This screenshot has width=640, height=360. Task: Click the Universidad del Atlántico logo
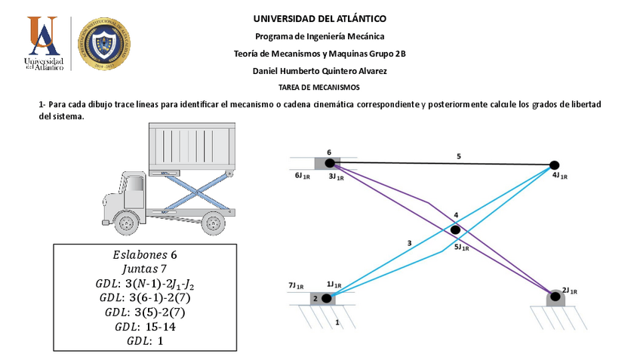pyautogui.click(x=43, y=44)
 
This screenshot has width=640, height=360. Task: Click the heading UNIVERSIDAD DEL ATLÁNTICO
pyautogui.click(x=320, y=18)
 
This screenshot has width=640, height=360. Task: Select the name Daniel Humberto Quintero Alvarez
pyautogui.click(x=320, y=71)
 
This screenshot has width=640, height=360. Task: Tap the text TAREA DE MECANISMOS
pyautogui.click(x=320, y=88)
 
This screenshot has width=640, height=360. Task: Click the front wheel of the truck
pyautogui.click(x=129, y=222)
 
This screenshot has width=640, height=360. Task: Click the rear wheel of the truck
pyautogui.click(x=214, y=223)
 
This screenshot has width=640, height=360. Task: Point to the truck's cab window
pyautogui.click(x=134, y=184)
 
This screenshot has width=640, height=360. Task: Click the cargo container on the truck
pyautogui.click(x=192, y=147)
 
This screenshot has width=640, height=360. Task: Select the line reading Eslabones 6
pyautogui.click(x=146, y=254)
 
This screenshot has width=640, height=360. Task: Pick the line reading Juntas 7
pyautogui.click(x=146, y=269)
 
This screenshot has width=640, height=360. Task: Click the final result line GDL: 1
pyautogui.click(x=146, y=341)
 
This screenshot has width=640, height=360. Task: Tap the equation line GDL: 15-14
pyautogui.click(x=146, y=327)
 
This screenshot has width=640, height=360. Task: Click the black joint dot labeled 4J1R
pyautogui.click(x=554, y=165)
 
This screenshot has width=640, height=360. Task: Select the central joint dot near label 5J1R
pyautogui.click(x=455, y=229)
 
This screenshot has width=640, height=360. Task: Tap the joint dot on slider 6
pyautogui.click(x=329, y=162)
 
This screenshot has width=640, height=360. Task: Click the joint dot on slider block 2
pyautogui.click(x=326, y=299)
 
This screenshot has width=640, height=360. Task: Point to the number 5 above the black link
pyautogui.click(x=458, y=156)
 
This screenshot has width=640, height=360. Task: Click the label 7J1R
pyautogui.click(x=296, y=286)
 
